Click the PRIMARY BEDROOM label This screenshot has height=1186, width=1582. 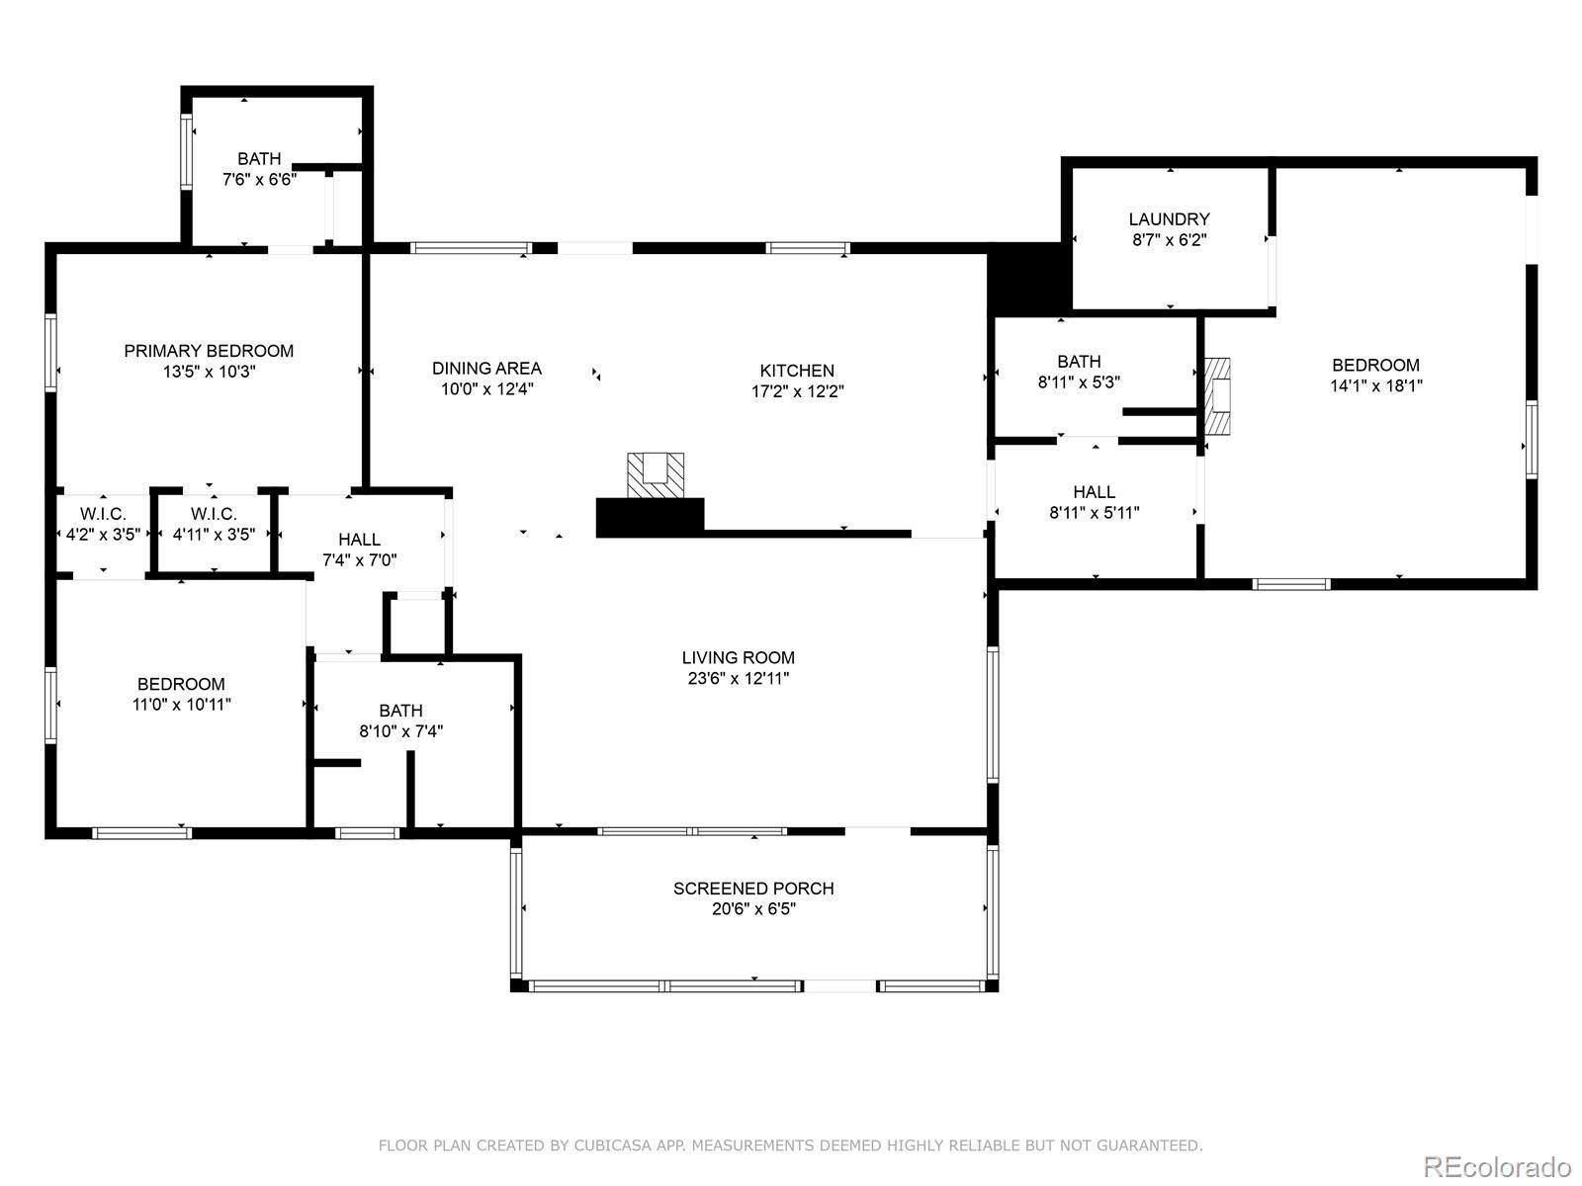[209, 351]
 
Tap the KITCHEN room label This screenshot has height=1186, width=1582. [797, 370]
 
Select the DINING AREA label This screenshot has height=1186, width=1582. [486, 368]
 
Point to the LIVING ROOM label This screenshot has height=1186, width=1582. [738, 657]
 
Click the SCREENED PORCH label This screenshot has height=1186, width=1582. [753, 889]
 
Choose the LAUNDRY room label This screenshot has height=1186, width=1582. [1169, 218]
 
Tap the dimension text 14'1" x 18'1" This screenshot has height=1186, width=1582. [1376, 386]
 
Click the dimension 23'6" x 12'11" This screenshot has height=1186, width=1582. [738, 678]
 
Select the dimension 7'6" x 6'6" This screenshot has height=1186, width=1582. [259, 179]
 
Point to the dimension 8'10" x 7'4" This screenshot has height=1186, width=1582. [400, 731]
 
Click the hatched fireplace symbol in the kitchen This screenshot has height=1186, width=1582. [656, 475]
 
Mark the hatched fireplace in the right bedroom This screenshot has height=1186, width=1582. [1216, 396]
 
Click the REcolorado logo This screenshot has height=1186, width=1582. [1498, 1166]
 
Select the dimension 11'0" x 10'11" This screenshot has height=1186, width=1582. [181, 705]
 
